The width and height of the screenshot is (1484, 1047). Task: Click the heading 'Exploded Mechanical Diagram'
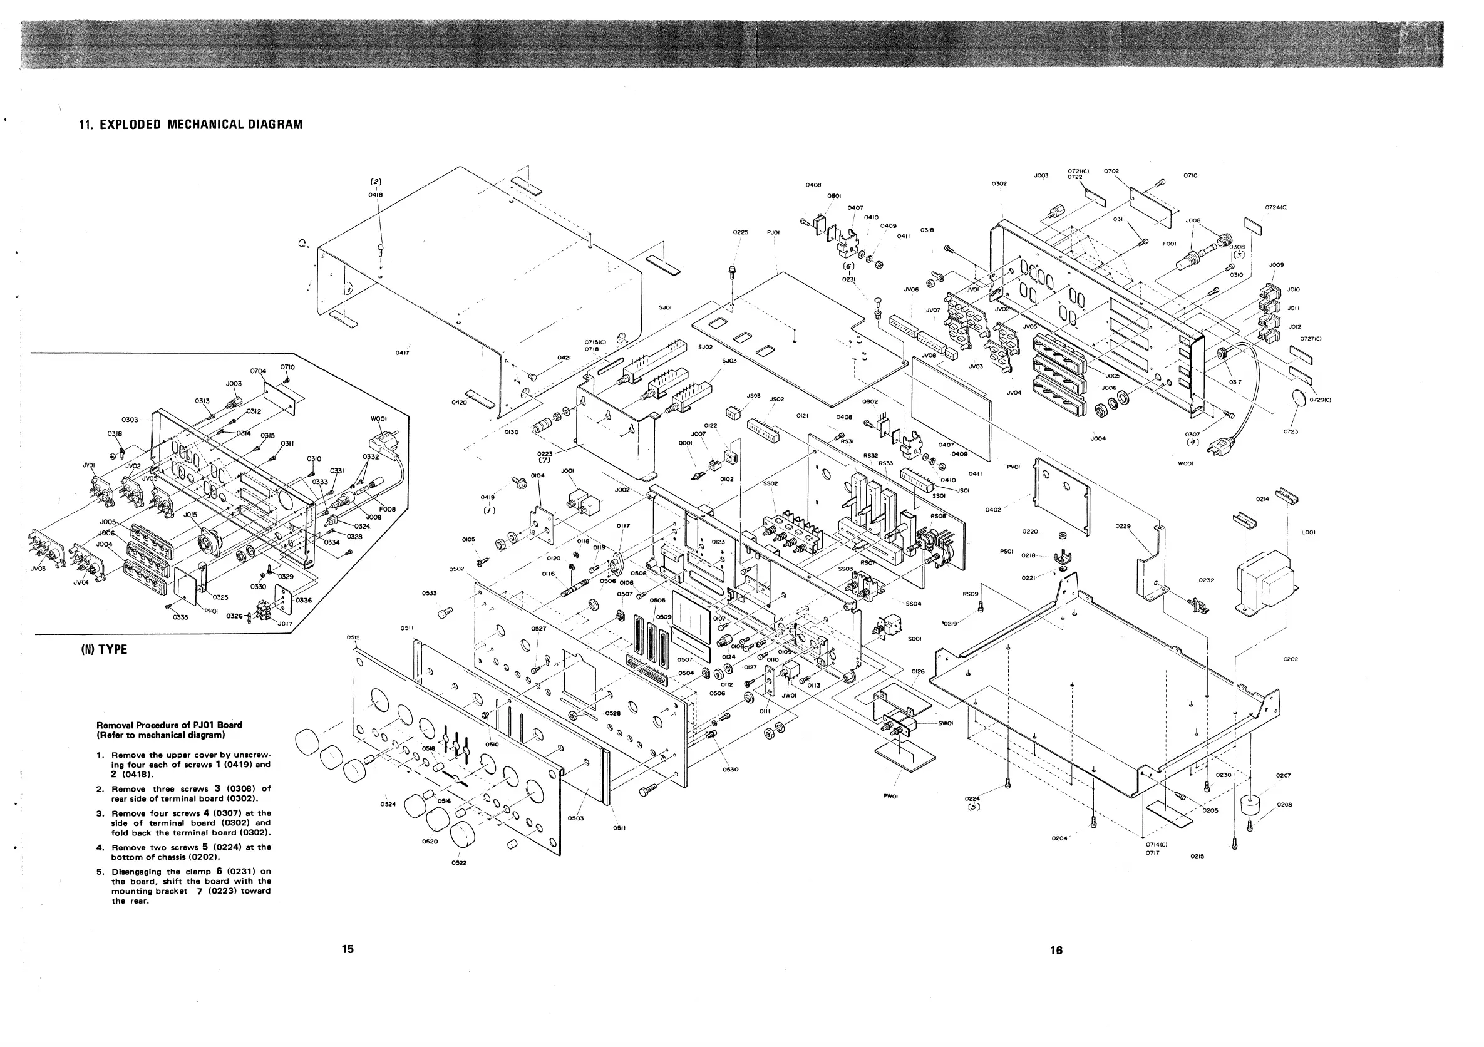point(191,125)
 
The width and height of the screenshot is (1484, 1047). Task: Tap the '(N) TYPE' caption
point(103,649)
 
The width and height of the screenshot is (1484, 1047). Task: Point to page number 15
point(348,949)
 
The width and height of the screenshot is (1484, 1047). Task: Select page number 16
point(1056,950)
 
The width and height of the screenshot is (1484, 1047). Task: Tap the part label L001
point(1308,532)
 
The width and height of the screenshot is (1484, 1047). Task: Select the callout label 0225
point(741,232)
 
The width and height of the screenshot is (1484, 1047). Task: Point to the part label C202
point(1291,659)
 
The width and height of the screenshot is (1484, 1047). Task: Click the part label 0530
point(730,770)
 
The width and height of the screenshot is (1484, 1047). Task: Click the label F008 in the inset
point(387,509)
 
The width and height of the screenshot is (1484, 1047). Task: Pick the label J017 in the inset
point(285,624)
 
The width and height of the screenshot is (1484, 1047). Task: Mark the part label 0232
point(1206,580)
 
